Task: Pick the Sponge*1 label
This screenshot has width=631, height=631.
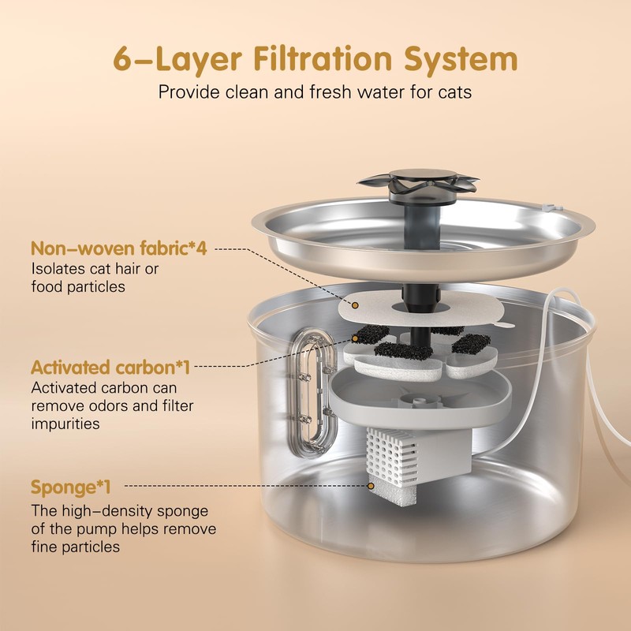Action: (x=70, y=486)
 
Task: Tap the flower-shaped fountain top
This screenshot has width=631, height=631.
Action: (x=417, y=179)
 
